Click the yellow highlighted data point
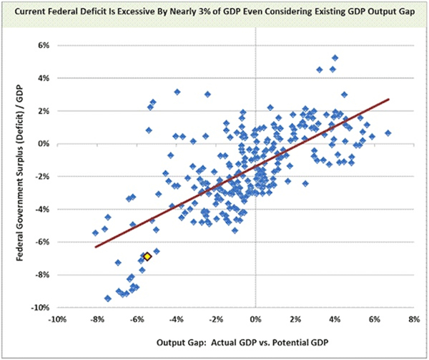[x=147, y=256]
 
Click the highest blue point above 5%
[x=335, y=58]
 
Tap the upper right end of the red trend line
[x=388, y=99]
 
